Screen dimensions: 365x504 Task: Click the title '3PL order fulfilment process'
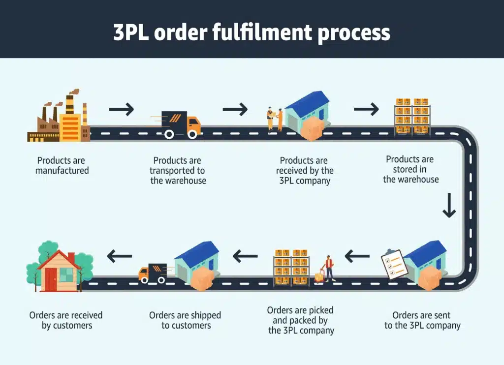click(252, 32)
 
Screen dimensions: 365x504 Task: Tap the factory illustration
click(59, 118)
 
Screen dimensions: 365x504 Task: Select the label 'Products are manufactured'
click(62, 166)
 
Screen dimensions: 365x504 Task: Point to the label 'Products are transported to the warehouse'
click(178, 171)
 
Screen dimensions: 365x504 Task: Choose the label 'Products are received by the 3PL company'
click(304, 171)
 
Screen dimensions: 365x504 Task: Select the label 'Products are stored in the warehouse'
click(410, 169)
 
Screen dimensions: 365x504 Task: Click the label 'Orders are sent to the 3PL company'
click(422, 320)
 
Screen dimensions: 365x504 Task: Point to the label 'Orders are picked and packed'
click(301, 320)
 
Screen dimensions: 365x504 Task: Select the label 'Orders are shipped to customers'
click(185, 320)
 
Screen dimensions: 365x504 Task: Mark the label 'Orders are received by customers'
click(66, 320)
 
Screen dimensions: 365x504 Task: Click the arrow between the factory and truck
click(121, 109)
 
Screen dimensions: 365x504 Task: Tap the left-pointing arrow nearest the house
click(120, 256)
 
